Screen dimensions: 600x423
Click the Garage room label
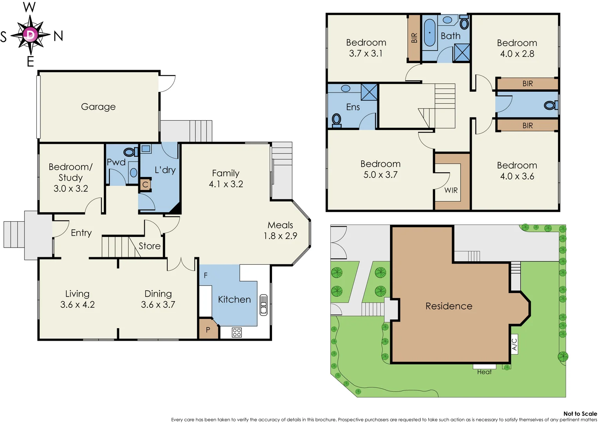(98, 107)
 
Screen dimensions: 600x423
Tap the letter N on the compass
(58, 36)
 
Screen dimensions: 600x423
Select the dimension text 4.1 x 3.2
(226, 184)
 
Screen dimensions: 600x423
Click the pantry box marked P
(208, 330)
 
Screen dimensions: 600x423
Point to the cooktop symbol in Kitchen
(237, 333)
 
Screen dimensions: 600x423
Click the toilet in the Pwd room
(129, 152)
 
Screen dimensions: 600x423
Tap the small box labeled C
(145, 184)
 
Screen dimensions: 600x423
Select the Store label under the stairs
(149, 246)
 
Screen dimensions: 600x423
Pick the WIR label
(451, 190)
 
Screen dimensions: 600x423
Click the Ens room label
(353, 107)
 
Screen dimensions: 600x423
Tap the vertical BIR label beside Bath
(414, 38)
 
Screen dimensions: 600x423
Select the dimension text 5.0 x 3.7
(380, 175)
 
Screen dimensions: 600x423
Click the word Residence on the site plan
(449, 306)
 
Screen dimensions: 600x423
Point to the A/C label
(515, 344)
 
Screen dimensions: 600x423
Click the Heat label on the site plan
(484, 372)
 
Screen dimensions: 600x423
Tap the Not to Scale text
(580, 414)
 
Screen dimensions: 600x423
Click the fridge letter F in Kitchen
(205, 275)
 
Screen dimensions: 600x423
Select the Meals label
(280, 225)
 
